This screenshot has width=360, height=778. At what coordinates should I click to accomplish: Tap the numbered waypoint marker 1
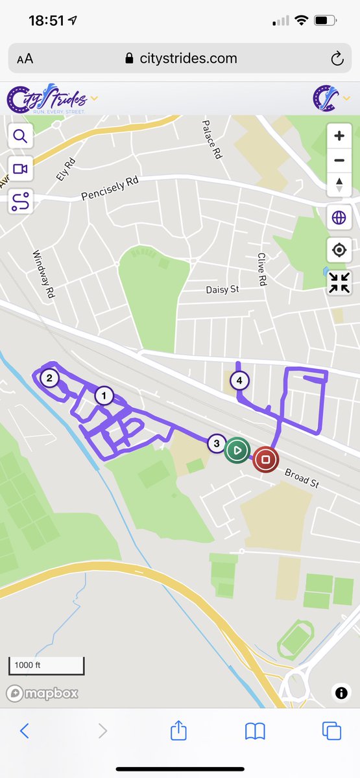point(103,395)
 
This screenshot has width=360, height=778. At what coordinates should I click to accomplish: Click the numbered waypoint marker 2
point(49,377)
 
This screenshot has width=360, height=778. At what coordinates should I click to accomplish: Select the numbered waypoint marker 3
point(217,443)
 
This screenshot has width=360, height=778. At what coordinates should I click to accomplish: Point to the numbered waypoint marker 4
point(240,381)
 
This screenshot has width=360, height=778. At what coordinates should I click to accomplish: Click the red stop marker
point(265,460)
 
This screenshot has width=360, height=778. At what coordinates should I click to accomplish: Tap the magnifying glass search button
point(20,137)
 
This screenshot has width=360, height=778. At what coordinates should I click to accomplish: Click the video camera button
point(20,169)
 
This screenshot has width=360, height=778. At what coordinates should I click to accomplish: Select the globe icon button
point(339,218)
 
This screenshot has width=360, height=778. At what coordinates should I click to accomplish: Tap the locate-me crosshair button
point(339,250)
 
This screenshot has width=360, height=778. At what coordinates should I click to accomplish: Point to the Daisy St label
point(222,289)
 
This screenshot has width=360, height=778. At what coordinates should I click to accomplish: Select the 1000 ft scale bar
point(46,665)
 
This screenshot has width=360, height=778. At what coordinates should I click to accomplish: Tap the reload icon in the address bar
point(337,59)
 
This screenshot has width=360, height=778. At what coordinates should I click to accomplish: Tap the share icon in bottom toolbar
point(178,731)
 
